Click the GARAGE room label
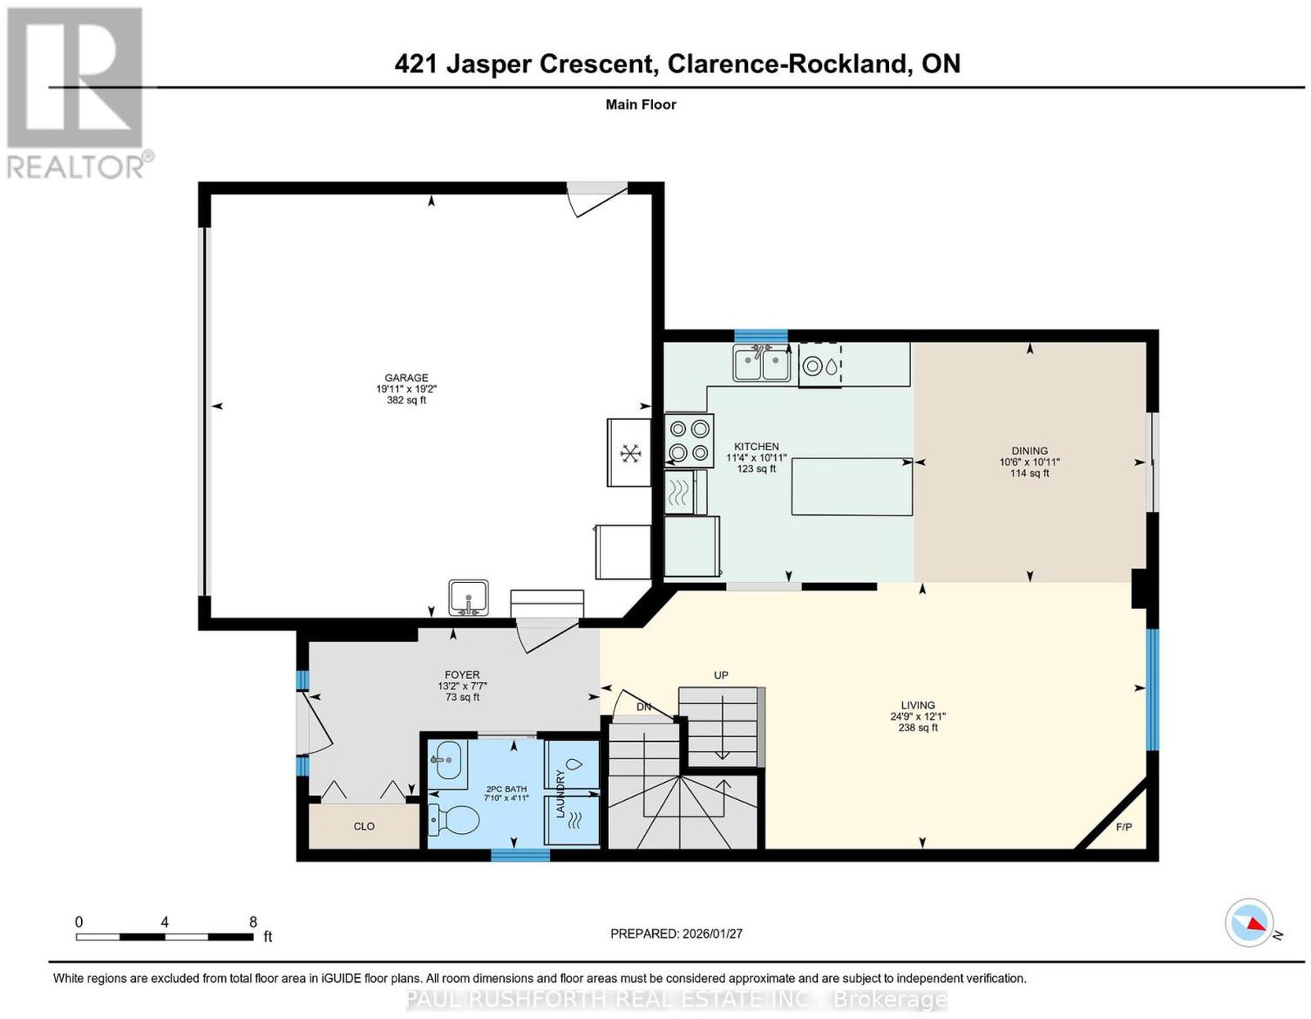click(406, 378)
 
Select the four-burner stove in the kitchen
click(689, 440)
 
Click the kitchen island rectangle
click(851, 487)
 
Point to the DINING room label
click(1029, 451)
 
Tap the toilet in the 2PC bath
click(453, 820)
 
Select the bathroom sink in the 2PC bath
click(447, 761)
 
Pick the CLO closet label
click(364, 826)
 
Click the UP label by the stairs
click(721, 676)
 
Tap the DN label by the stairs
click(644, 707)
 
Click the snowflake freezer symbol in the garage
click(630, 453)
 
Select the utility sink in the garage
click(468, 598)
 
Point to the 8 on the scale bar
click(253, 922)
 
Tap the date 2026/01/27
click(712, 934)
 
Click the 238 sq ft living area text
click(918, 728)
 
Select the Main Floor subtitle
click(641, 104)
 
